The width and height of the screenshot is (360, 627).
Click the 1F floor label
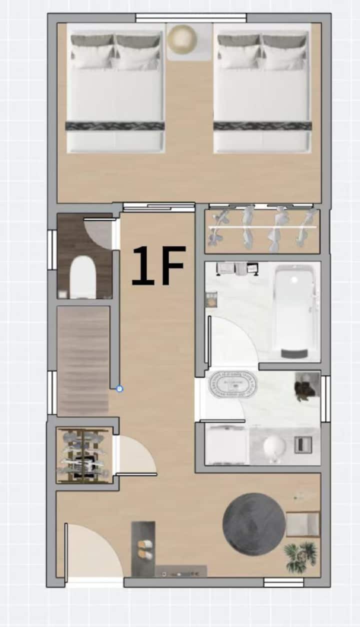158,265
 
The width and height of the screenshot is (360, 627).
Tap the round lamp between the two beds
183,39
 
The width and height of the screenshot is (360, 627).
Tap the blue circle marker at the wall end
119,389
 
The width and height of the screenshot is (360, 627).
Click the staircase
83,361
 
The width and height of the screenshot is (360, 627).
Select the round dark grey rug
253,524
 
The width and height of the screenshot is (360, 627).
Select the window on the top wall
191,17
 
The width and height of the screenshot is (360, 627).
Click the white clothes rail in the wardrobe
262,227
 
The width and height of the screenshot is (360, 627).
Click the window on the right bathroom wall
325,399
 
